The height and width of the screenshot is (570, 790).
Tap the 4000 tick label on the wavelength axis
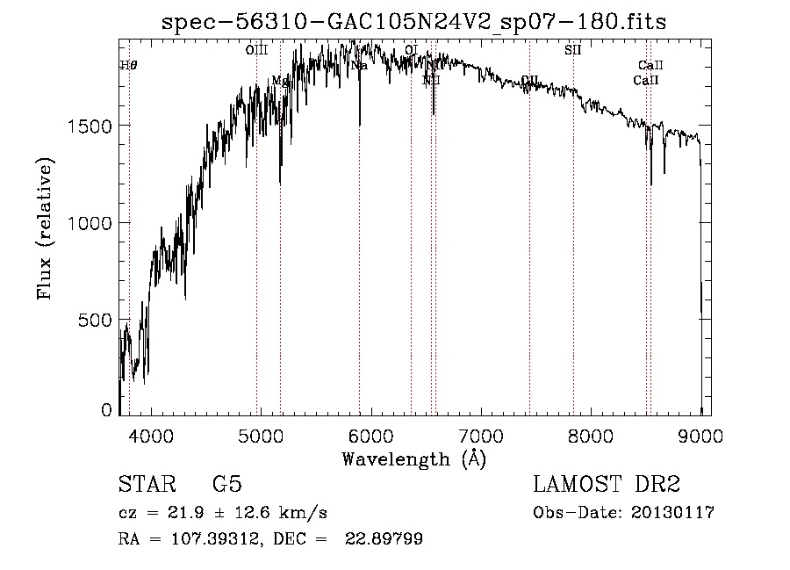click(151, 434)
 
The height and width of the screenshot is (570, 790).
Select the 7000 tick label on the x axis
click(481, 434)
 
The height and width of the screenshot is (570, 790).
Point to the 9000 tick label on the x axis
click(700, 434)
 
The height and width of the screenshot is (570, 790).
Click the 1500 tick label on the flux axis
click(90, 126)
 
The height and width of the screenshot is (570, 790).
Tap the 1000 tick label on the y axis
click(90, 223)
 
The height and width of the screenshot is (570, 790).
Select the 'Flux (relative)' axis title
click(45, 228)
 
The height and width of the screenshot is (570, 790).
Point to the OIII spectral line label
click(256, 51)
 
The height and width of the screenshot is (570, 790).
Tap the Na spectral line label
click(359, 66)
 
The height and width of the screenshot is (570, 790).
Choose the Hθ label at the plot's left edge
click(128, 66)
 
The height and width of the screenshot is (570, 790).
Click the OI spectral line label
click(411, 51)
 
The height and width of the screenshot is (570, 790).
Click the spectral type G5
click(226, 485)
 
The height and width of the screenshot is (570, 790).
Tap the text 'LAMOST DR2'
click(607, 485)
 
